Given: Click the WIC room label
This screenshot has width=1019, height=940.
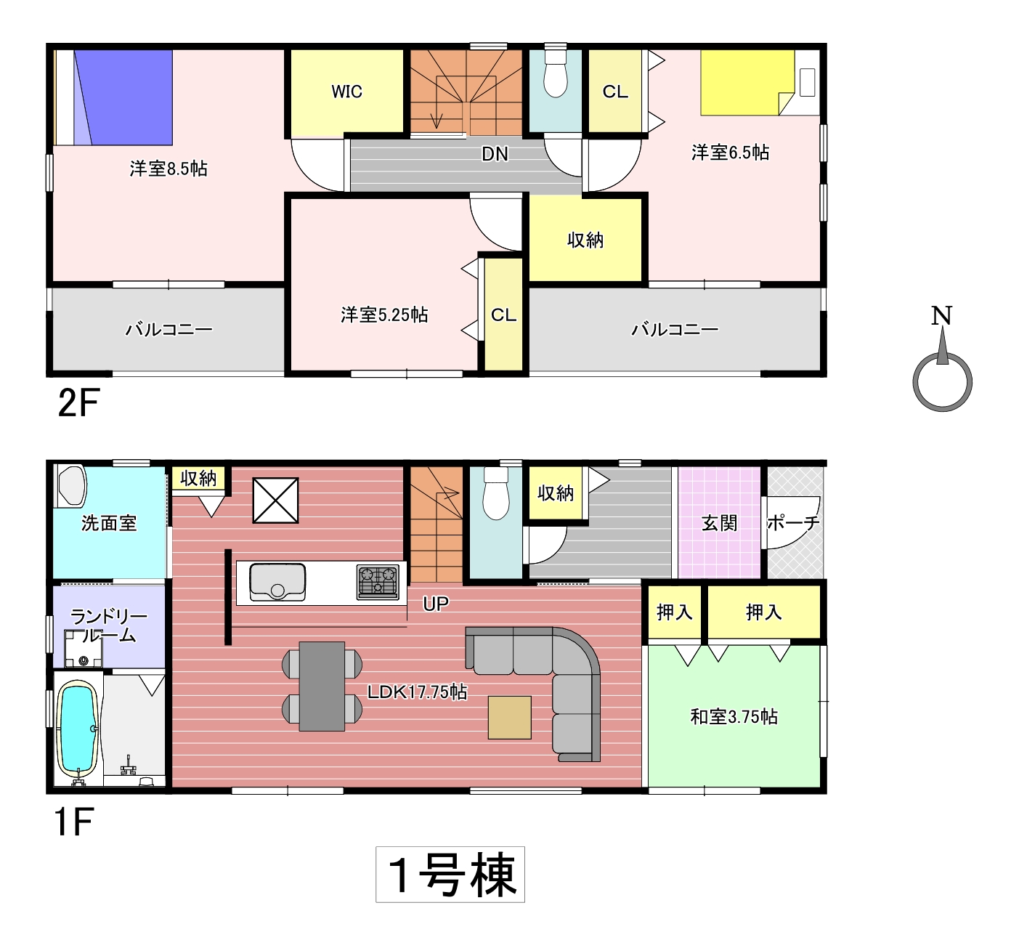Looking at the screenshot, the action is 347,92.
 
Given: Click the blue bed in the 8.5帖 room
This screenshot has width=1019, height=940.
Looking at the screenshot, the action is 123,97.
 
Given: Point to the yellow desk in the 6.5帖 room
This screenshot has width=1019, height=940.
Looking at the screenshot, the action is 747,82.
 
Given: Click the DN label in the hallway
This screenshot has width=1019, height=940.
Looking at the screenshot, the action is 495,154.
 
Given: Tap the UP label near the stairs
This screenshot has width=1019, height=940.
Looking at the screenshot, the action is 436,604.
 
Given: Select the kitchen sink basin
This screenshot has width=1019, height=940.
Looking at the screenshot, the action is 277,582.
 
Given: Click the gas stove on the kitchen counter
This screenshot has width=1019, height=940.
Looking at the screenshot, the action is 378,582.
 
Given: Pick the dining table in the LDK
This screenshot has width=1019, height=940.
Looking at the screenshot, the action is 322,686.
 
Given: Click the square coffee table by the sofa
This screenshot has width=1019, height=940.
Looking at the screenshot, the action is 510,718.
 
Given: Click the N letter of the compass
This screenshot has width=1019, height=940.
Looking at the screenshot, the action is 941,315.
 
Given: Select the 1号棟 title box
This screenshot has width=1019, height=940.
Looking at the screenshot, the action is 450,875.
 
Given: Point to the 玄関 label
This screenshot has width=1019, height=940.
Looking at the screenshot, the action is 719,524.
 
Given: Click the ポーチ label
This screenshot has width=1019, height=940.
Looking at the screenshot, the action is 793,523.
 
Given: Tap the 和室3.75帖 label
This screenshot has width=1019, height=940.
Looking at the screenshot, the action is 734,717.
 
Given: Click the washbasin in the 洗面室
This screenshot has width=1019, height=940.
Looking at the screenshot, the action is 72,486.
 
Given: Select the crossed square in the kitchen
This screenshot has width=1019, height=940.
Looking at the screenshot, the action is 275,501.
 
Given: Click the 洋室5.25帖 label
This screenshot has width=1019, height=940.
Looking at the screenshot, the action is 384,315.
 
